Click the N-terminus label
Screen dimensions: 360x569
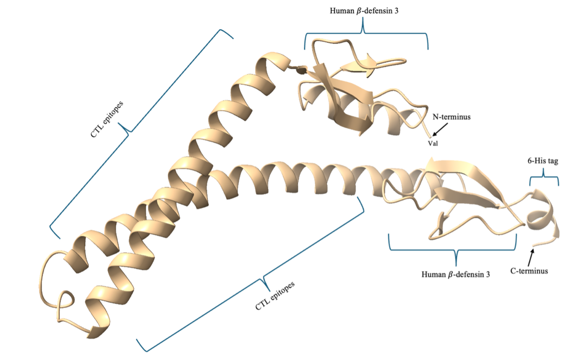pyautogui.click(x=452, y=117)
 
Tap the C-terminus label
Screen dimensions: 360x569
pyautogui.click(x=529, y=271)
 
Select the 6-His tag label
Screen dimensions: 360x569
pyautogui.click(x=543, y=161)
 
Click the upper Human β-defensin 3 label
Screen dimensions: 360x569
pyautogui.click(x=363, y=12)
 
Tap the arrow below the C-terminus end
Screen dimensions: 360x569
pyautogui.click(x=532, y=254)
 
